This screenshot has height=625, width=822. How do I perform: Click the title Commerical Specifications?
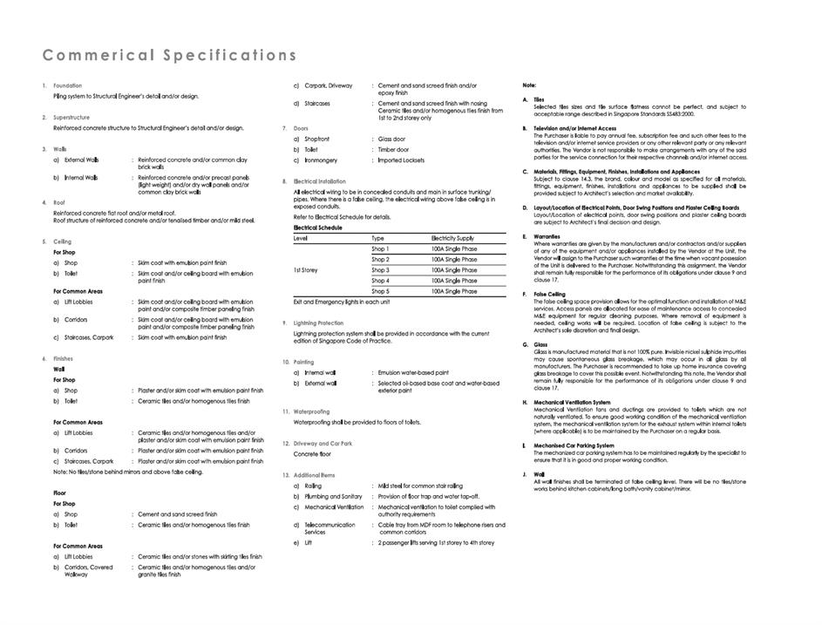pos(170,56)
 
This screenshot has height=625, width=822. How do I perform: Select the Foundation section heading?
pos(68,85)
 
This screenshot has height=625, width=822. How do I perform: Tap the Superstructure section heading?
pos(71,117)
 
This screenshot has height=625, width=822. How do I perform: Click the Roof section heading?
pos(60,202)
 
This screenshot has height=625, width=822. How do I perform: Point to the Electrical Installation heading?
pos(320,181)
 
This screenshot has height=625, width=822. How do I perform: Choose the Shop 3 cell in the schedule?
pos(380,270)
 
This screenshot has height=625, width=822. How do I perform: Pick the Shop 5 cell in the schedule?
pos(380,291)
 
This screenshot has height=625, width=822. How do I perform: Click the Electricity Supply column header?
pos(452,238)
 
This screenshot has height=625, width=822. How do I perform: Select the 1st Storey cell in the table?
pos(306,270)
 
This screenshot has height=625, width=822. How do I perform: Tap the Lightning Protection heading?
pos(319,323)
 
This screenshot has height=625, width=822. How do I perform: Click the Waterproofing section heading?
pos(311,411)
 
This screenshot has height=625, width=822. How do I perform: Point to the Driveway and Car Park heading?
pos(323,444)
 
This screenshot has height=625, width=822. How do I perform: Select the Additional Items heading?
pos(314,475)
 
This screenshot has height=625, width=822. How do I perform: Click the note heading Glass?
pos(541,344)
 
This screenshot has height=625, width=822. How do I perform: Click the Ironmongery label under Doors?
pos(322,160)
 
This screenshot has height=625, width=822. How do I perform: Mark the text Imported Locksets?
pos(402,160)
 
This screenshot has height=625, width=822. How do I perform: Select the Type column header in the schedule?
pos(377,238)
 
